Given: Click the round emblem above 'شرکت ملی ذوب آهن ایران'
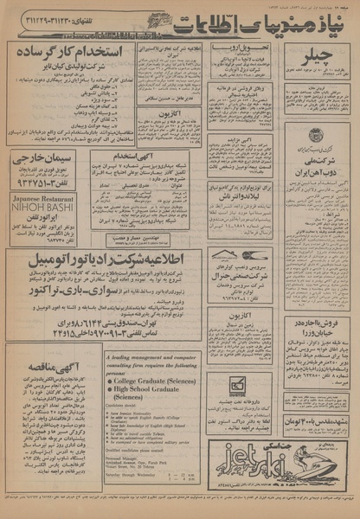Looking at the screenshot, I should [x=314, y=133].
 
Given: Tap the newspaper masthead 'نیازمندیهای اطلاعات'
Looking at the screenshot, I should [x=190, y=16].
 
